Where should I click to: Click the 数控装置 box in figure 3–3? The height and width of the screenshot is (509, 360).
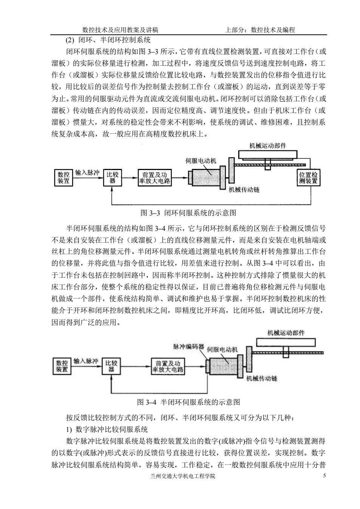pos(64,178)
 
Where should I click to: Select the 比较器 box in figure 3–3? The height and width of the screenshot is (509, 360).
pos(112,178)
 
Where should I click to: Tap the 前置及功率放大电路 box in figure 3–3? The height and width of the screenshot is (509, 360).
pos(155,178)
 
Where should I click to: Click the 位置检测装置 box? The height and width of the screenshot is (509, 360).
pos(308,178)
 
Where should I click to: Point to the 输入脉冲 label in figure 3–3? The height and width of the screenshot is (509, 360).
pos(88,172)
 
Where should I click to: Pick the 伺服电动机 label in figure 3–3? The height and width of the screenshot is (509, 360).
pos(201,161)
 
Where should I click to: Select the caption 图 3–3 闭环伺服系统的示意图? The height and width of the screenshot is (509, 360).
pos(188,213)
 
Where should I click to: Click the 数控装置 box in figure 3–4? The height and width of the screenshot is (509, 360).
pos(62,366)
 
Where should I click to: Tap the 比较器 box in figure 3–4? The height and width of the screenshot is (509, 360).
pos(111,366)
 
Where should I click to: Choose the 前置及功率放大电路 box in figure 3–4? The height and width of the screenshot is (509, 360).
pos(168,366)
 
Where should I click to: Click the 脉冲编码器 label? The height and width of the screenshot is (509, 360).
pos(189,347)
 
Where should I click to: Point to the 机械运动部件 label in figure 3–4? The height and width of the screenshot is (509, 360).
pos(286,333)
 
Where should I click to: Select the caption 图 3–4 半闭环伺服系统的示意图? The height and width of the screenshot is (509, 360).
pos(189,402)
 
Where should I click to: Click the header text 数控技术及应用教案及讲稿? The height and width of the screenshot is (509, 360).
pos(120,30)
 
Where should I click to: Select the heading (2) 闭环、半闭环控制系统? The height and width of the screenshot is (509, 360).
pos(108,40)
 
